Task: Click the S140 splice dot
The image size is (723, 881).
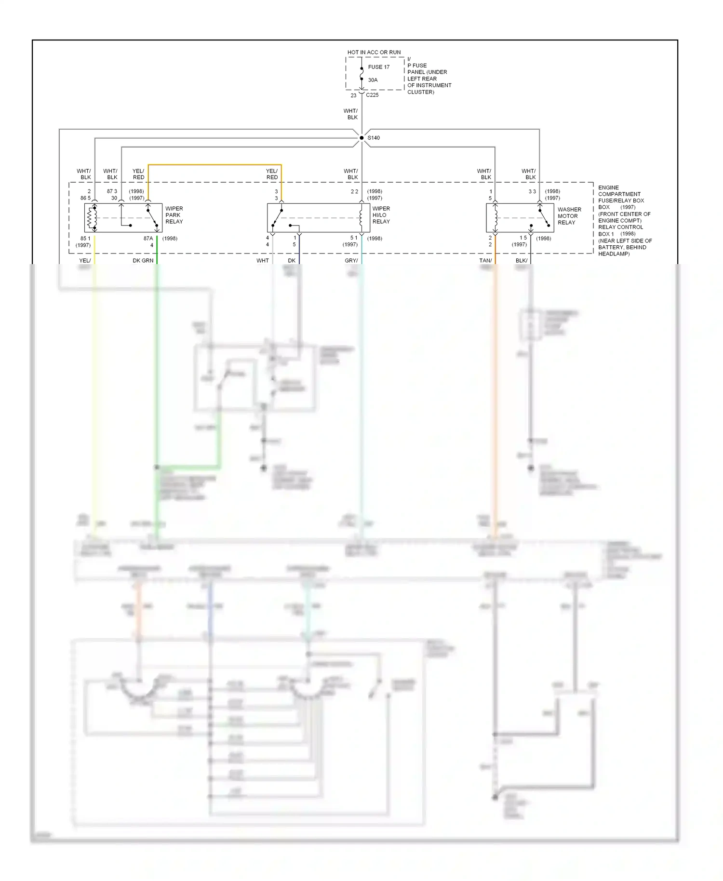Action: point(361,138)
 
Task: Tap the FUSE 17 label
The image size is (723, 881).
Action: point(378,67)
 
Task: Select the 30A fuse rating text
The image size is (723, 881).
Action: point(373,80)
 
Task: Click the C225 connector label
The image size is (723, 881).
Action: point(372,95)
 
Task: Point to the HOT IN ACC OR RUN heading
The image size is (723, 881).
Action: point(374,52)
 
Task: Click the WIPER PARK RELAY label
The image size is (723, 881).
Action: point(174,215)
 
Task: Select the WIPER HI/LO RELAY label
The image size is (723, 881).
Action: point(381,215)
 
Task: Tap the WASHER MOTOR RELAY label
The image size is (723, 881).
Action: point(569,216)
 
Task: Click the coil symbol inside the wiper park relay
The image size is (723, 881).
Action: point(90,218)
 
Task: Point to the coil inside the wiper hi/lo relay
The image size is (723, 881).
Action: point(361,218)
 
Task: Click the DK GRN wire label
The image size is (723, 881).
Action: point(143,261)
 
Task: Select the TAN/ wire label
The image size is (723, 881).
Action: point(485,261)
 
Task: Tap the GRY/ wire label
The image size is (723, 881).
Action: point(351,261)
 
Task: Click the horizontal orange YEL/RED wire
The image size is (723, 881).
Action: point(214,165)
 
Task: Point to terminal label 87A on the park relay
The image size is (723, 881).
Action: point(148,238)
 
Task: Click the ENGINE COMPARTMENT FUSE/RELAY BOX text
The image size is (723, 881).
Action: point(621,194)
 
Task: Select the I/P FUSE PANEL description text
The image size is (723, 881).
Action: point(428,76)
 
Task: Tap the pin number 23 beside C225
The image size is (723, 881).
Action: point(353,95)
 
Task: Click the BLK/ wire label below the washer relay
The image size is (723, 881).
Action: point(522,261)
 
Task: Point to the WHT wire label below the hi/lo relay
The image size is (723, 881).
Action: point(262,261)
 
